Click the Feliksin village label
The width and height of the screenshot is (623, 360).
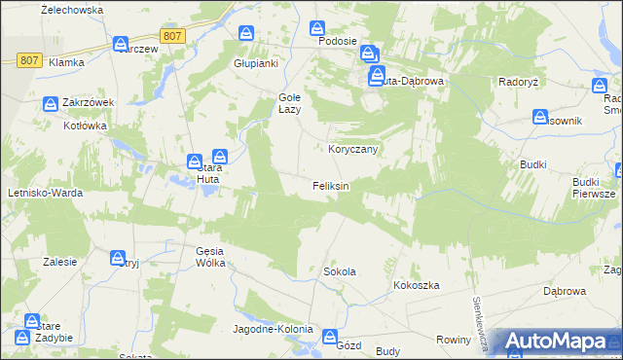[x=330, y=185]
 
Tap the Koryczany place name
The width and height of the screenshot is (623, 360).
[x=351, y=149]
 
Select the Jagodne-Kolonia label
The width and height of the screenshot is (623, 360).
[x=272, y=329]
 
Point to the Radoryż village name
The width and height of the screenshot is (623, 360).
[x=519, y=82]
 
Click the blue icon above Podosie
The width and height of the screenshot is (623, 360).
[x=318, y=30]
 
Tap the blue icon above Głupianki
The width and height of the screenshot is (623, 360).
[x=247, y=33]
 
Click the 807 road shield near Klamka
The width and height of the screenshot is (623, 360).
[x=28, y=60]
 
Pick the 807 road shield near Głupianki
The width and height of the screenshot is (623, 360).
[x=172, y=36]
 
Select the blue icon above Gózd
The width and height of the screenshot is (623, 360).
[x=329, y=337]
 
